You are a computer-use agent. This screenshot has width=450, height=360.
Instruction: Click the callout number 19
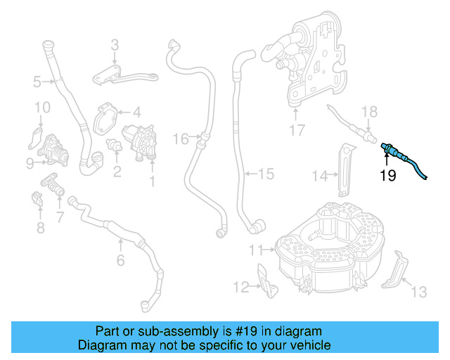388,175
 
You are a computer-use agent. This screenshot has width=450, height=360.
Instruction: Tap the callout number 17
297,129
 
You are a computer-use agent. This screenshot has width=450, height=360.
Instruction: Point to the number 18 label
369,112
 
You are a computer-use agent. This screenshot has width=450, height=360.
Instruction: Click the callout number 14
320,176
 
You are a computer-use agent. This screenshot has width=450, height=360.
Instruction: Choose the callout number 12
241,286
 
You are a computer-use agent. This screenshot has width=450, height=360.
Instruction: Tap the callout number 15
265,172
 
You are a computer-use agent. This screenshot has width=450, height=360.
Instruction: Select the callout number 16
181,139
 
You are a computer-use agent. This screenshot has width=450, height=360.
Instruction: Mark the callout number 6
120,261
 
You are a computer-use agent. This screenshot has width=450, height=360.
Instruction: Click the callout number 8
40,227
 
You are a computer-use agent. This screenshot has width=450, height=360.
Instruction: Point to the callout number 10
42,107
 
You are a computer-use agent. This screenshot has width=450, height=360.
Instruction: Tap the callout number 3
115,47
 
